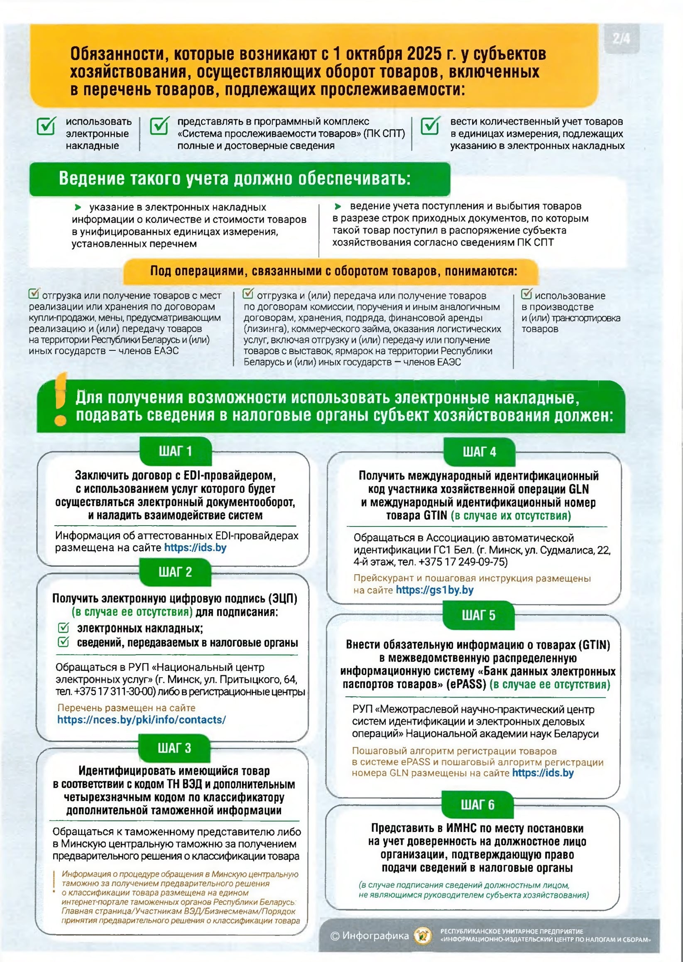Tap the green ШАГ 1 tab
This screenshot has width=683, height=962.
point(175,451)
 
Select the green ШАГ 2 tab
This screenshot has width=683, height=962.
point(175,572)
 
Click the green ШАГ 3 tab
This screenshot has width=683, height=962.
point(174,748)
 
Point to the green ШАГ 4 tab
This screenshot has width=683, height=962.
point(480,452)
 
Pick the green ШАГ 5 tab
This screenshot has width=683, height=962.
point(479,615)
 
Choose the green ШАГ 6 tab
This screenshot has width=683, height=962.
point(478,805)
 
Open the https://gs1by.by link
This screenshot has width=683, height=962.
point(434,590)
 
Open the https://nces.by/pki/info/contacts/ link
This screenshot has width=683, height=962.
point(141,720)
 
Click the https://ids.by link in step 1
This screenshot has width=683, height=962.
point(195,548)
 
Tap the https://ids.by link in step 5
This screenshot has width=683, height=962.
point(543,773)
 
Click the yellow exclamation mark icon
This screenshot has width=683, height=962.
point(61,399)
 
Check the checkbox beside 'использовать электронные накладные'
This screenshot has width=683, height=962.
point(46,126)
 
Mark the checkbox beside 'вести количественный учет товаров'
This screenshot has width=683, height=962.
point(430,126)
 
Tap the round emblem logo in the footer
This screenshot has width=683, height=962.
point(422,935)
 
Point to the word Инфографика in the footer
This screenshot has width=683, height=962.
point(375,935)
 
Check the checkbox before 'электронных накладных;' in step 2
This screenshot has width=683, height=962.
point(63,628)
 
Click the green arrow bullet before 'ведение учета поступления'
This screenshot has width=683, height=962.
point(338,206)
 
